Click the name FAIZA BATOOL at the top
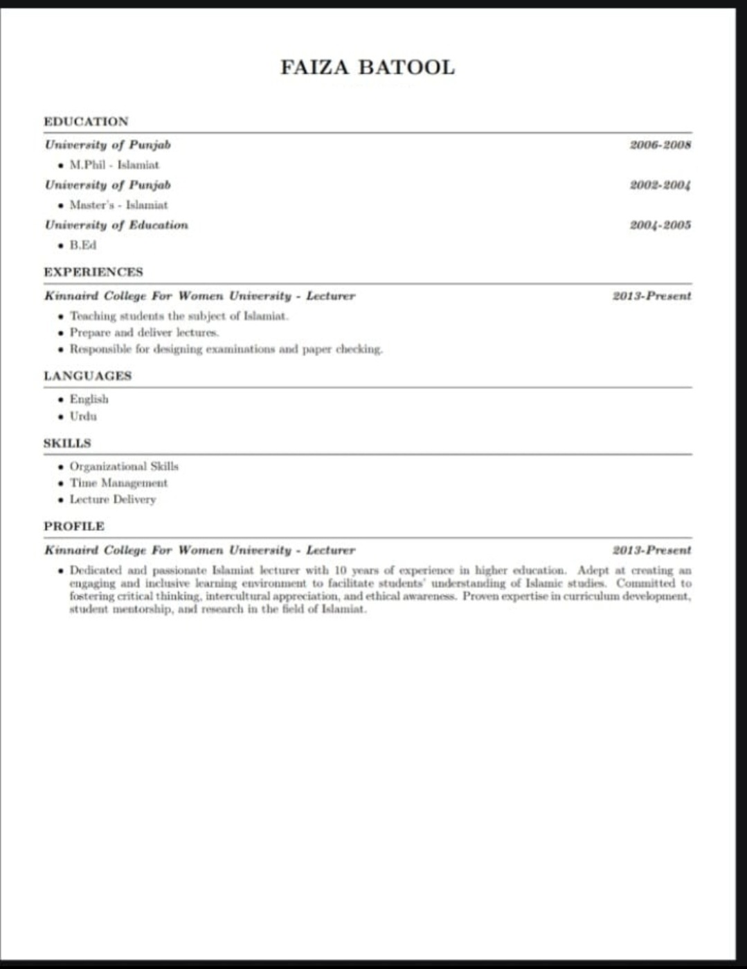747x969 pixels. [x=367, y=67]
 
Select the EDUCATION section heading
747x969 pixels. [x=86, y=121]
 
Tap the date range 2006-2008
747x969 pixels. [x=660, y=145]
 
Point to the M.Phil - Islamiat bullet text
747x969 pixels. [x=114, y=165]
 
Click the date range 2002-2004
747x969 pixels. [x=660, y=185]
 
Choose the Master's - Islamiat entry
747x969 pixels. [x=118, y=205]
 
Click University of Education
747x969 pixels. [x=116, y=225]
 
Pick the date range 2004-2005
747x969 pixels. [x=660, y=225]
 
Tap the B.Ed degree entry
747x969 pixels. [x=83, y=245]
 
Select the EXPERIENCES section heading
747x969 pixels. [x=93, y=272]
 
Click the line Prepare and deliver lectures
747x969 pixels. [x=144, y=332]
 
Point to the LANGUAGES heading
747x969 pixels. [x=87, y=375]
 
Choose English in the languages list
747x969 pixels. [x=89, y=399]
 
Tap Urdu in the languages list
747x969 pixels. [x=83, y=416]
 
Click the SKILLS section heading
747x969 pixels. [x=67, y=443]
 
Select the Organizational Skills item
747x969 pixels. [x=124, y=466]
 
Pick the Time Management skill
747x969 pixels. [x=118, y=483]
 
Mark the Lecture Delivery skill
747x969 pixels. [x=113, y=499]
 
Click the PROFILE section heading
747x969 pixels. [x=74, y=526]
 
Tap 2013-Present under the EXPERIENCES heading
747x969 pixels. [x=651, y=296]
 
